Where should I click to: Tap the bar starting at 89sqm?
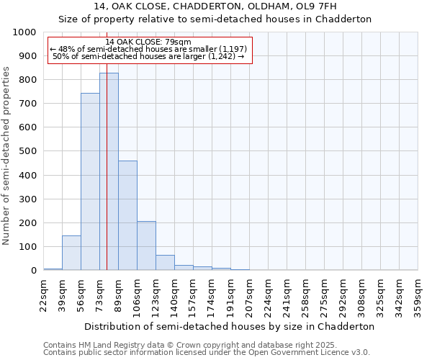point(127,216)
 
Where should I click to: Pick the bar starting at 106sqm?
point(146,246)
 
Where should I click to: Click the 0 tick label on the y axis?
point(33,271)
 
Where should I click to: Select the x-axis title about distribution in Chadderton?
point(230,326)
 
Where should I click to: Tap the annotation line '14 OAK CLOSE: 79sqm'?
point(148,42)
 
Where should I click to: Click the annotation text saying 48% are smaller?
point(148,49)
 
